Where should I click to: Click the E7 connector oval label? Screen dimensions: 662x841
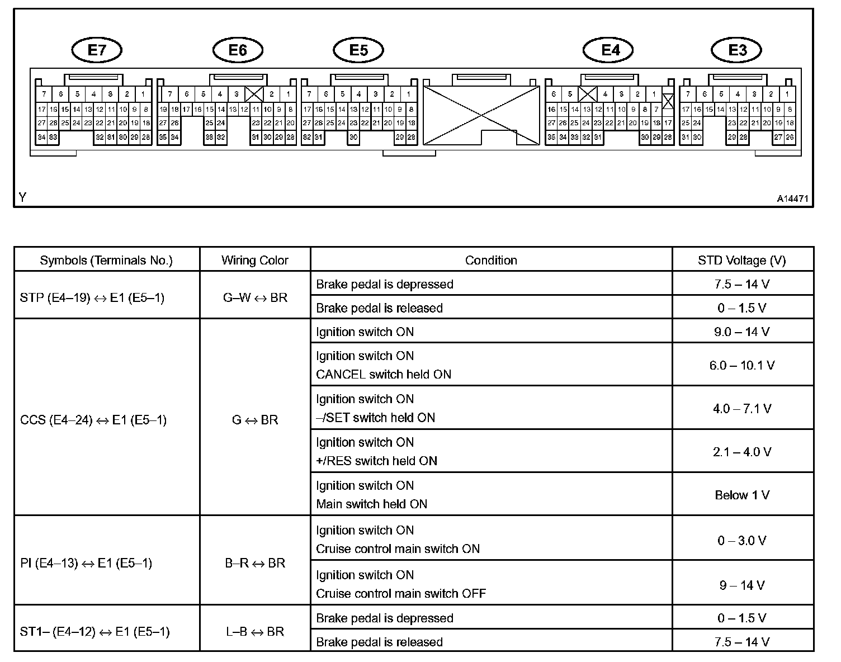(x=97, y=50)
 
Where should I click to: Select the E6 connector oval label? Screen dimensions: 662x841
(x=238, y=50)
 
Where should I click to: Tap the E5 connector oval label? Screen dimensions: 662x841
(x=358, y=50)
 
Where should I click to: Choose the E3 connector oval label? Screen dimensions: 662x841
(x=737, y=50)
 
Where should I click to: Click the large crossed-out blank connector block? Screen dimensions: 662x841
(x=481, y=115)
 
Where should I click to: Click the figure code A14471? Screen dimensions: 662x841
(x=792, y=198)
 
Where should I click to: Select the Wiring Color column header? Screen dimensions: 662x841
(x=254, y=260)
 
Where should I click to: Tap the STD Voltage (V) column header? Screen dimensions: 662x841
(x=741, y=260)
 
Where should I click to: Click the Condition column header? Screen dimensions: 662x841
(x=491, y=260)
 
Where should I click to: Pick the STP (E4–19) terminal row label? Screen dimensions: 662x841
(x=92, y=297)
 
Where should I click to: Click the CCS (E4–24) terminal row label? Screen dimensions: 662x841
(x=93, y=420)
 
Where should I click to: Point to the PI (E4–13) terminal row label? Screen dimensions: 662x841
(x=86, y=563)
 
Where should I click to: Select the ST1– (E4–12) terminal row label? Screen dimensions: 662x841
(x=95, y=632)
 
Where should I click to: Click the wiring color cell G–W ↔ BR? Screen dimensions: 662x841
(x=255, y=297)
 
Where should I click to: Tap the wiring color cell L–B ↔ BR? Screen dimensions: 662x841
(x=255, y=632)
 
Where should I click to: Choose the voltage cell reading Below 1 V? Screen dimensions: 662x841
(x=742, y=495)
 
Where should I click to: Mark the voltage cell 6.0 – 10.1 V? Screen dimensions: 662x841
(x=742, y=365)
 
